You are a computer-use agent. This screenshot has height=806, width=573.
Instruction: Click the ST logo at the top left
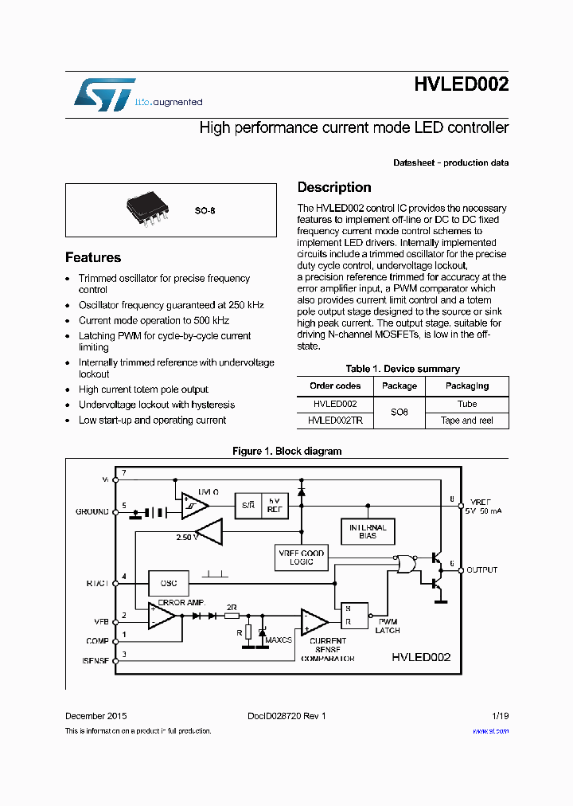[x=105, y=94]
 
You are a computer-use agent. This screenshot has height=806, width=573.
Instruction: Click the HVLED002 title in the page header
[x=462, y=86]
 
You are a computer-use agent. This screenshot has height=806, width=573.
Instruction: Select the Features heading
[x=93, y=257]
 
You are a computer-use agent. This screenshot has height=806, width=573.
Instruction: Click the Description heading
[x=334, y=187]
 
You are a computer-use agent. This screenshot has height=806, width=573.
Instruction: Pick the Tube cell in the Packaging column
[x=467, y=404]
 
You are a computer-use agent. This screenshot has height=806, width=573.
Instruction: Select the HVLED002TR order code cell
[x=335, y=420]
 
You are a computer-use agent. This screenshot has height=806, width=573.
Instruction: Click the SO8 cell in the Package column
[x=400, y=412]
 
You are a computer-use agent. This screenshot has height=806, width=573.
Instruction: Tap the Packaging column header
[x=467, y=385]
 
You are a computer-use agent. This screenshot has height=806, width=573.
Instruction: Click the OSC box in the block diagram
[x=168, y=582]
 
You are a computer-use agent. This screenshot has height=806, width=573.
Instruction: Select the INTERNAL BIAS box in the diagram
[x=368, y=531]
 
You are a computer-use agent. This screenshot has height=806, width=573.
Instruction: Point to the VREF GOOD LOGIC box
[x=302, y=558]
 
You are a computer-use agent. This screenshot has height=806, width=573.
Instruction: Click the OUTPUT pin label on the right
[x=482, y=570]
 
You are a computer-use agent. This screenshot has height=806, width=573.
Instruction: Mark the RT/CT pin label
[x=97, y=582]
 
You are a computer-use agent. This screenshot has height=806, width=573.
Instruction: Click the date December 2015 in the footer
[x=95, y=716]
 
